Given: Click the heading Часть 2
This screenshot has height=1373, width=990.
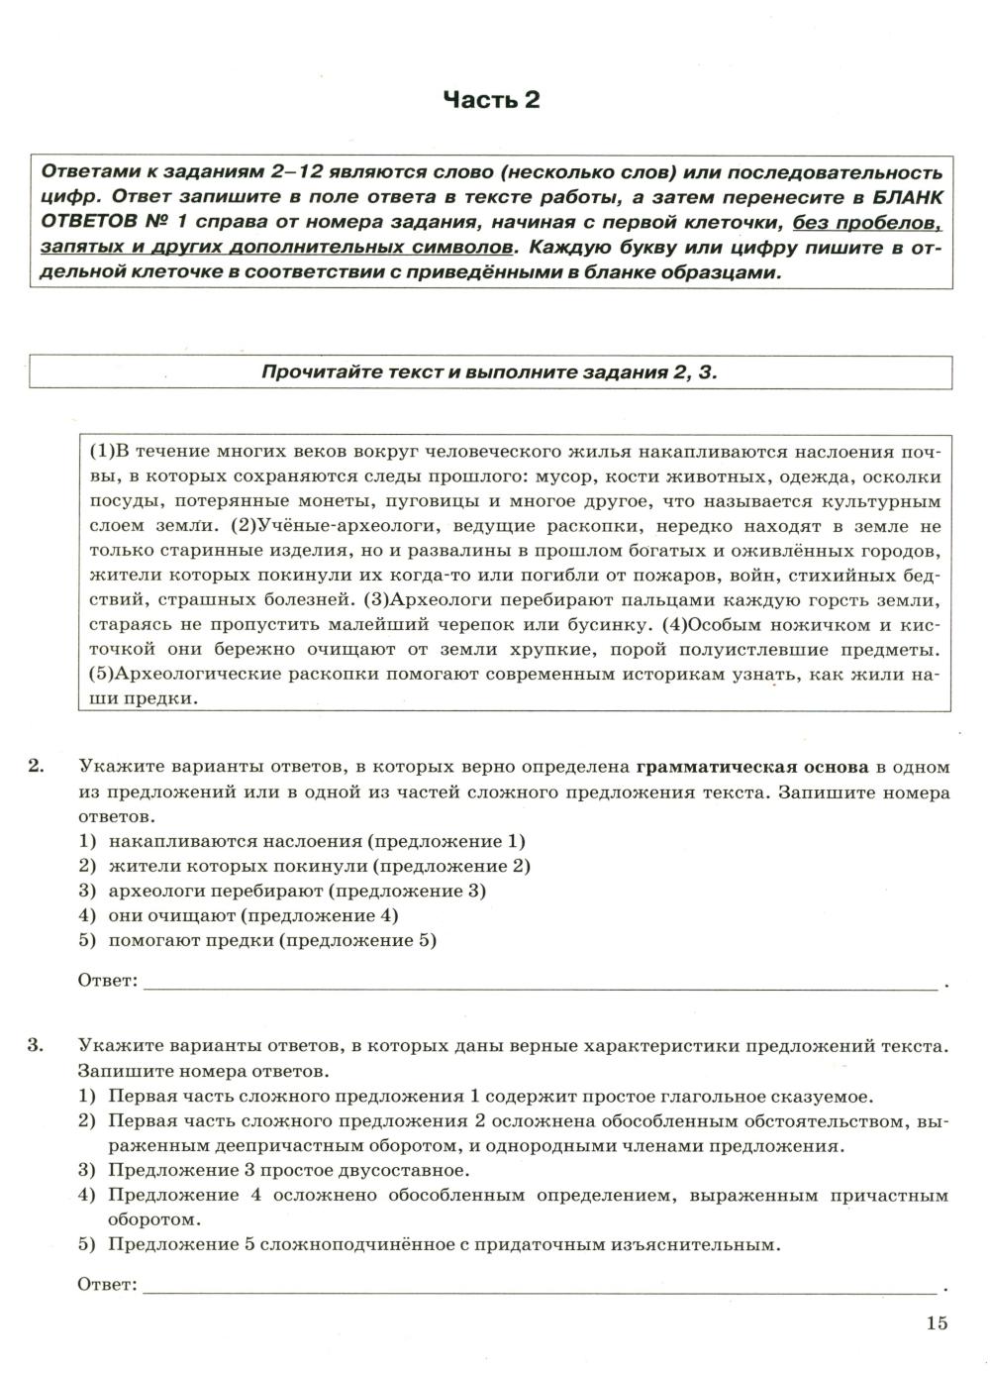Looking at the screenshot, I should pos(491,100).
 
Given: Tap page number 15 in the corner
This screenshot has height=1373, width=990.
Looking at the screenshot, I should pos(937,1322).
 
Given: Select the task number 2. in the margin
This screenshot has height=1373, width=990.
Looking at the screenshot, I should pos(37,766).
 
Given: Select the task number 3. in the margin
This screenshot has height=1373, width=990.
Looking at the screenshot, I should pos(37,1045).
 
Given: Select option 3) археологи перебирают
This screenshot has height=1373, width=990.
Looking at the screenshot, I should pos(282,891).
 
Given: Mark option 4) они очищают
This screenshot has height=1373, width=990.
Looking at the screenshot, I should pos(239,915).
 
